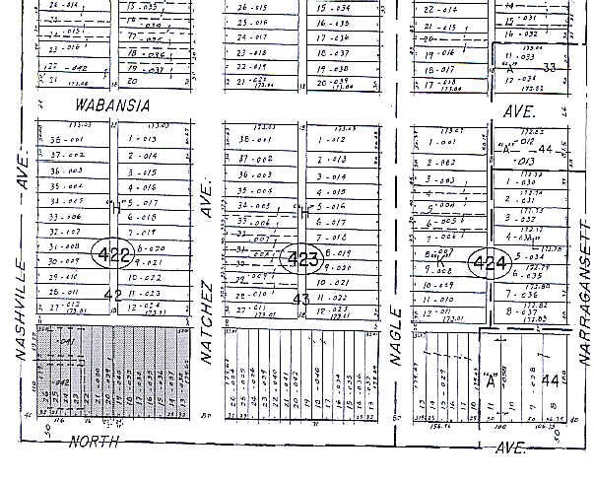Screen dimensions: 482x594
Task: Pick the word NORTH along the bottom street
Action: point(96,443)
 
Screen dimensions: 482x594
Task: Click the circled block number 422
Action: point(115,255)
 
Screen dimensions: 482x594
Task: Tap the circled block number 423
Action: point(301,260)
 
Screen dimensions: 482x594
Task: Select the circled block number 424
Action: point(489,263)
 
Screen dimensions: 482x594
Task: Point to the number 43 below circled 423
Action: point(301,297)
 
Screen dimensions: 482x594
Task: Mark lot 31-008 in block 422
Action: point(65,246)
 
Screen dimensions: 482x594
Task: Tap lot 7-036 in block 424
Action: point(530,295)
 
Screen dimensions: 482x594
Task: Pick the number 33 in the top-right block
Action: point(550,67)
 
